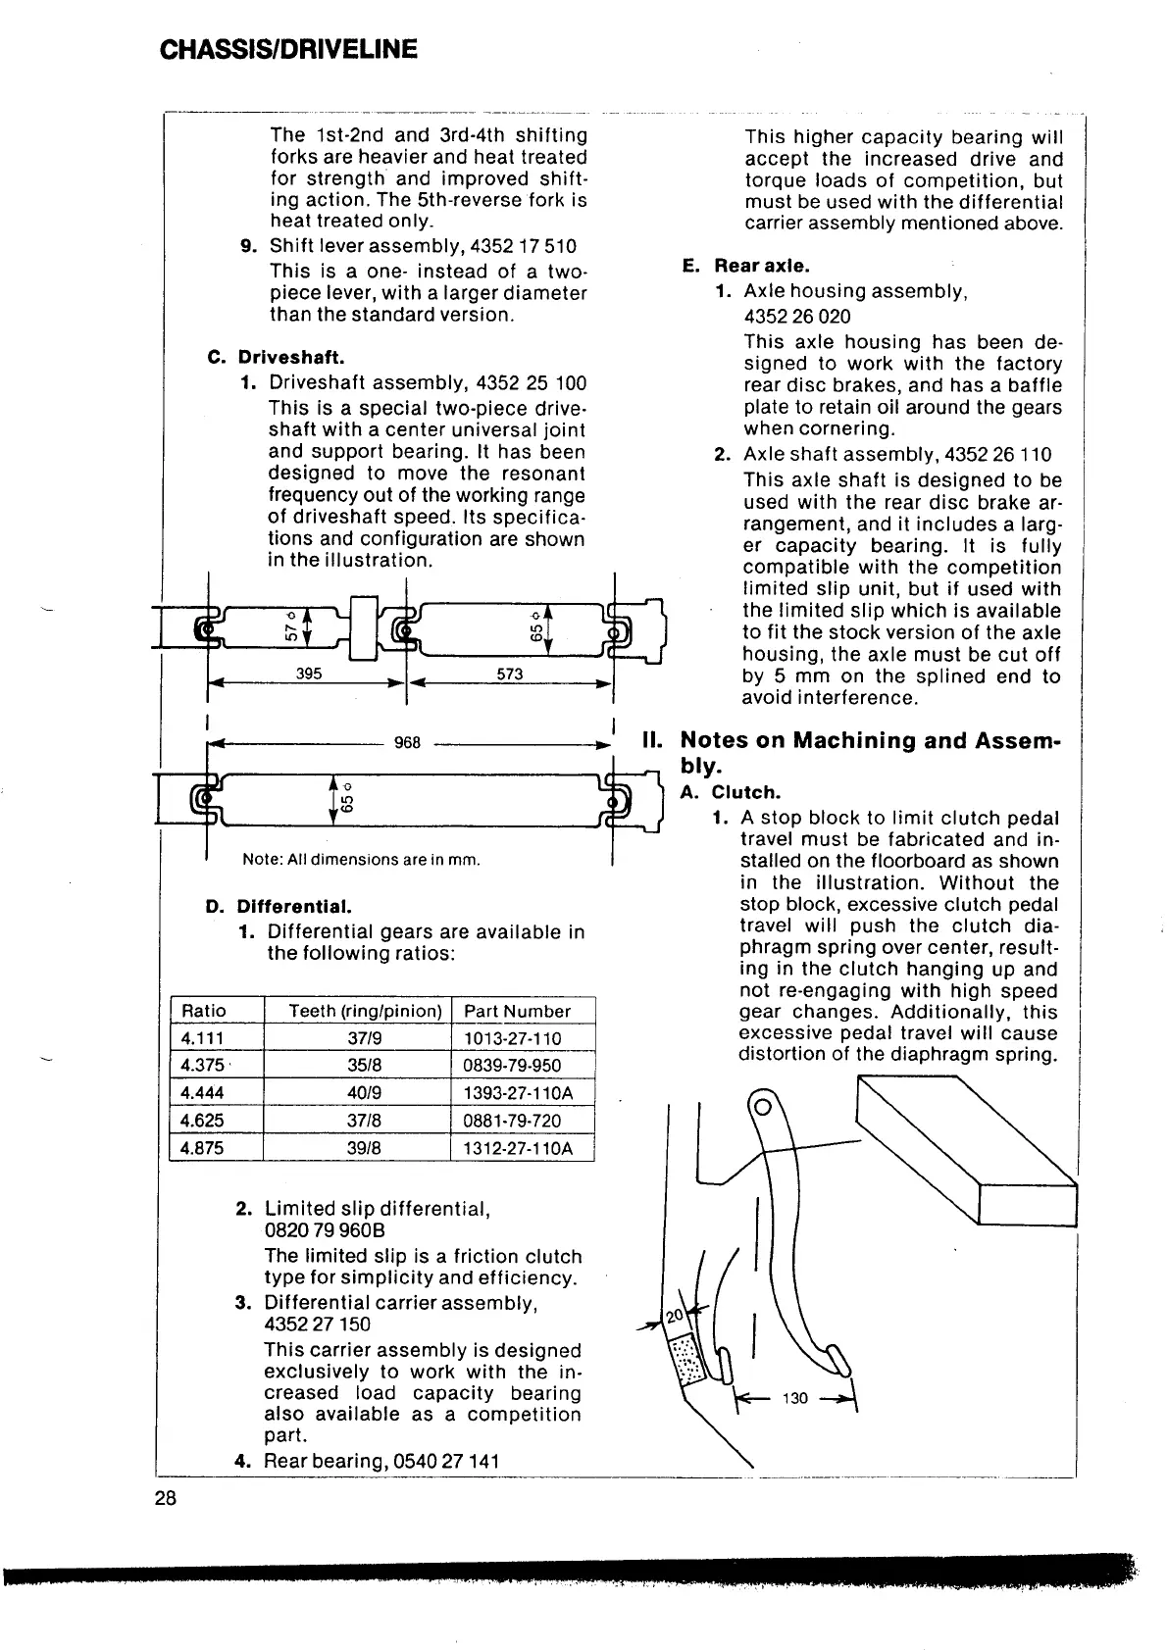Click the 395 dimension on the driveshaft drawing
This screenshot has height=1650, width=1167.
309,674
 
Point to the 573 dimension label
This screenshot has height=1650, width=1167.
510,674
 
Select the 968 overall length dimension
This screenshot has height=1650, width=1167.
407,742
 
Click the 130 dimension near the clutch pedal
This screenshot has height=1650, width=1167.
795,1398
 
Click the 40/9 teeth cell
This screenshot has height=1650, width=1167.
357,1093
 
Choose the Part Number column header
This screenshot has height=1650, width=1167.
517,1011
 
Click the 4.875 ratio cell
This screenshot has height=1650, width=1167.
202,1148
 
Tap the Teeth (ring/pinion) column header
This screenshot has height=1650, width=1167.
365,1011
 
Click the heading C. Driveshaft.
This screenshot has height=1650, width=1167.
277,357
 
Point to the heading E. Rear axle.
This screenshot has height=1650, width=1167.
746,266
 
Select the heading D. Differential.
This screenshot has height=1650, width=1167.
279,906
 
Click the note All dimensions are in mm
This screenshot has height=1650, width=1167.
362,860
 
